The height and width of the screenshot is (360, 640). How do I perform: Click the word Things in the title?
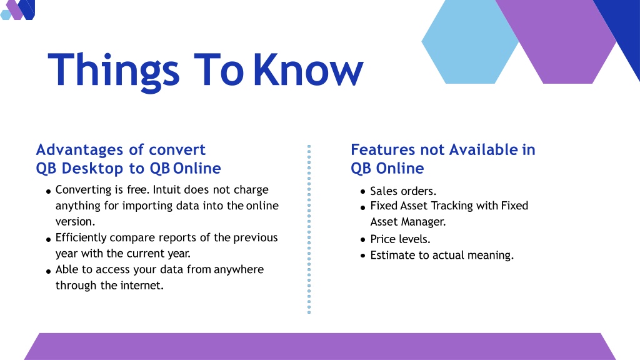114,71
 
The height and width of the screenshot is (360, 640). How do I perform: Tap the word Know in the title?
308,70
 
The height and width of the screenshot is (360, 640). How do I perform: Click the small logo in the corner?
17,10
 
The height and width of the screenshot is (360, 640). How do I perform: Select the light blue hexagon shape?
469,42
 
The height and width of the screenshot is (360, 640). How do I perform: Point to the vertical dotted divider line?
309,229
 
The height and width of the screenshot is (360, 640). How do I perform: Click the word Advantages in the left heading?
80,150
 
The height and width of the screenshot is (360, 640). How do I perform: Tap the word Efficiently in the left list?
81,238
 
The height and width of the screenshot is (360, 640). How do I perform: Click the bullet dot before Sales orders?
363,191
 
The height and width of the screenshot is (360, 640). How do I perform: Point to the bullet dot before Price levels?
363,239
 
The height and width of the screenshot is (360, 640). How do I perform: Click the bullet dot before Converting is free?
48,191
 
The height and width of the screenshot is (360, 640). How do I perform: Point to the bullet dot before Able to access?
48,271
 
